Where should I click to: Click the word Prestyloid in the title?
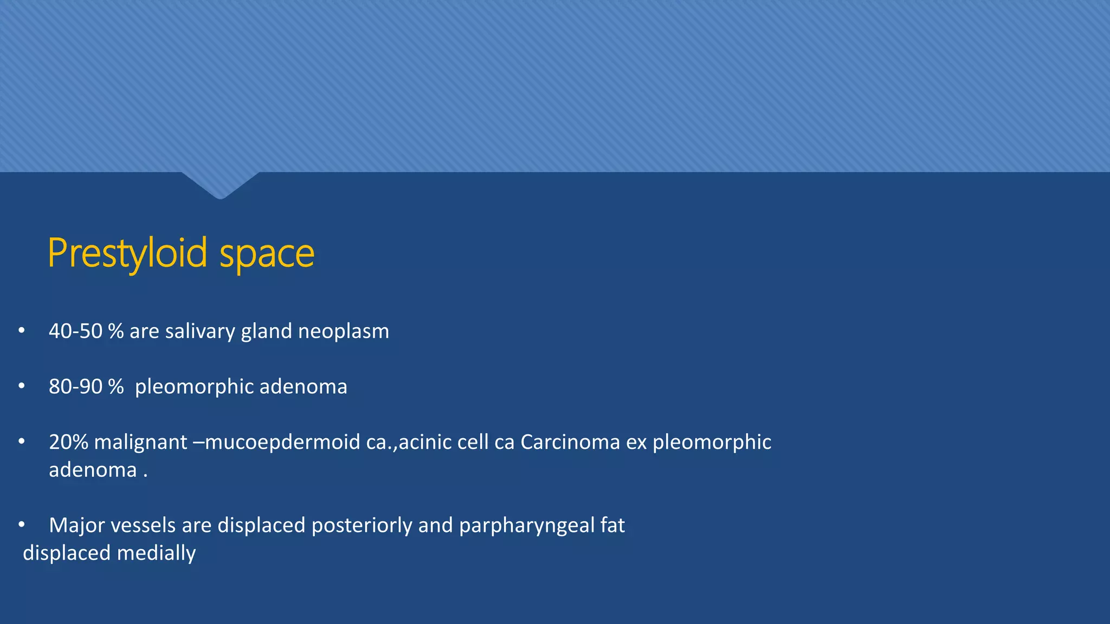[x=127, y=253]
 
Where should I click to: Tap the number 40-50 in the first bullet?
[x=75, y=331]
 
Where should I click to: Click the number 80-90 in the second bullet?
[x=75, y=387]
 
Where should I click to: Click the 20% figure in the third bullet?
[x=68, y=442]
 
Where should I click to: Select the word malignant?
[x=140, y=442]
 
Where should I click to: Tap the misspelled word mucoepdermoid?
[x=282, y=443]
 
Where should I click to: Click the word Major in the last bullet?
[x=74, y=525]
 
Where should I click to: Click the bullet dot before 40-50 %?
[x=22, y=330]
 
